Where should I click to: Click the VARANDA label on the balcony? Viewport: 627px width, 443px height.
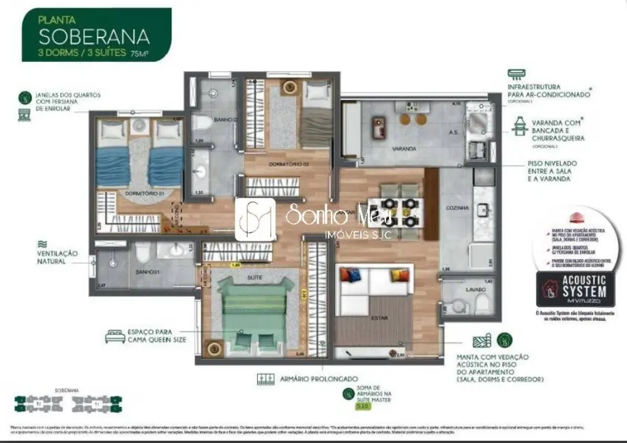tap(385, 148)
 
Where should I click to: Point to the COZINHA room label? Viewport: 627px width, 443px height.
tap(457, 207)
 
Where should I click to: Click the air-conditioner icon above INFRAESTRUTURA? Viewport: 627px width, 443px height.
tap(517, 74)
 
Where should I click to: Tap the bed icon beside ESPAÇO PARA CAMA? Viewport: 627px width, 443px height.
tap(113, 336)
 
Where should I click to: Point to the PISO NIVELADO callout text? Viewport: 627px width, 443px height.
tap(552, 172)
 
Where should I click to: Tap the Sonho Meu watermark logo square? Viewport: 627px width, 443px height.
tap(255, 219)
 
